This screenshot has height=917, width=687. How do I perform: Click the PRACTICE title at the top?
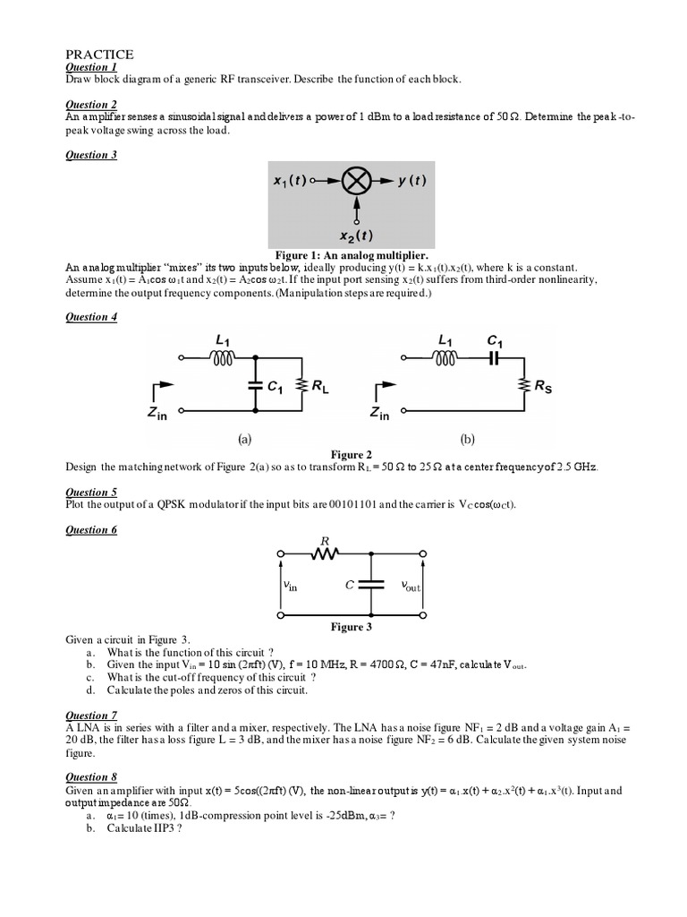point(99,55)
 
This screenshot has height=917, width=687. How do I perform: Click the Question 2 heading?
point(91,105)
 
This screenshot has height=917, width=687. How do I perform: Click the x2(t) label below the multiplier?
point(356,236)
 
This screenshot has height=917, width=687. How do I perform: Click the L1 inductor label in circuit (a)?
point(225,339)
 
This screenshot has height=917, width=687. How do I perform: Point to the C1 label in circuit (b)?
point(495,339)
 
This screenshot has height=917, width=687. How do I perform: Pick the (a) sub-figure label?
point(244,440)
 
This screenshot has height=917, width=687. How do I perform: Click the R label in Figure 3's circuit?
point(326,541)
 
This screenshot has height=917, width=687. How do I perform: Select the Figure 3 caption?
point(351,627)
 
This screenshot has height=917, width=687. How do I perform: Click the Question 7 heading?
point(91,716)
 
